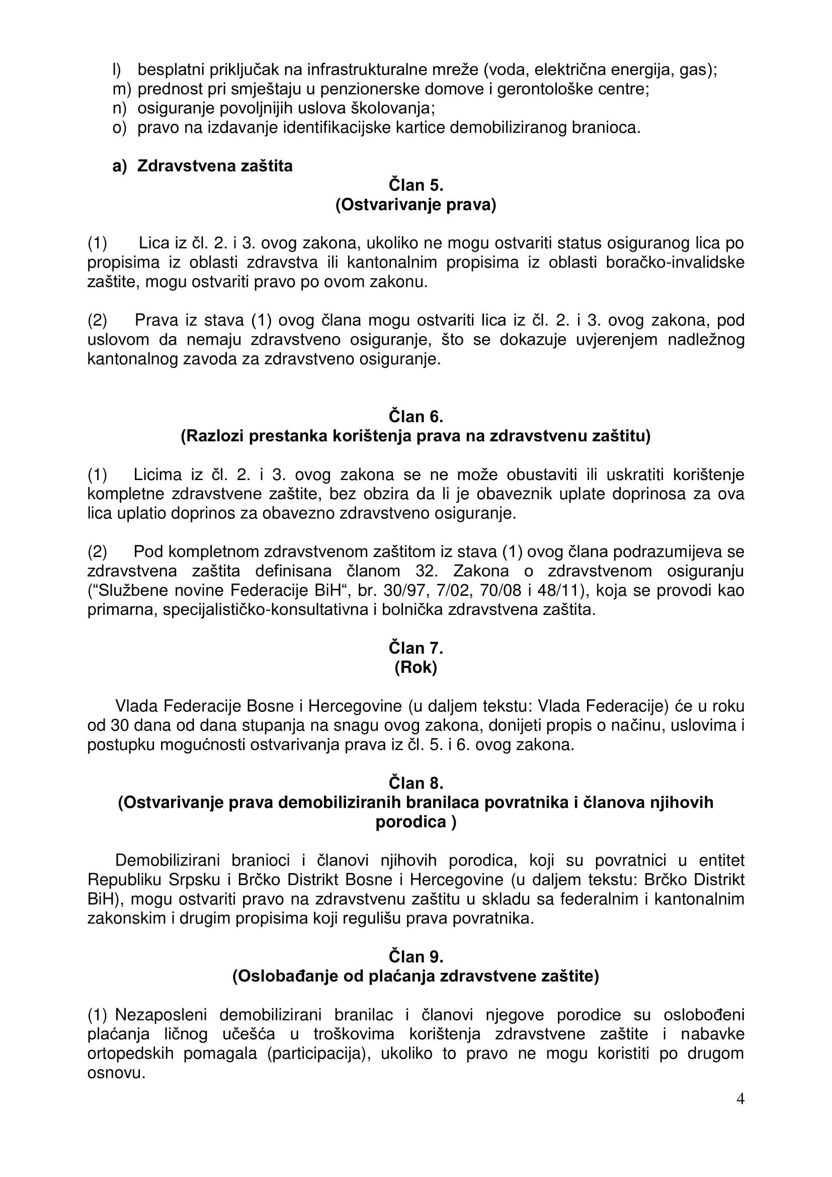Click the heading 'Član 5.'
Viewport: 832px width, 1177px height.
click(x=415, y=185)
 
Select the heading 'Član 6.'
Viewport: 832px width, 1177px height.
click(x=415, y=416)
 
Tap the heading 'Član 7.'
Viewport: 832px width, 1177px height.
click(x=415, y=648)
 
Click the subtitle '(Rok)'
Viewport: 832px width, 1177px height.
click(x=415, y=667)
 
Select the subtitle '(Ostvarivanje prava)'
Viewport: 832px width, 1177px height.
click(x=415, y=204)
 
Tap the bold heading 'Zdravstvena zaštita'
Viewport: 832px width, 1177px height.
click(x=215, y=166)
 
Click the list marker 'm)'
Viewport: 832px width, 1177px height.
click(x=122, y=89)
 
